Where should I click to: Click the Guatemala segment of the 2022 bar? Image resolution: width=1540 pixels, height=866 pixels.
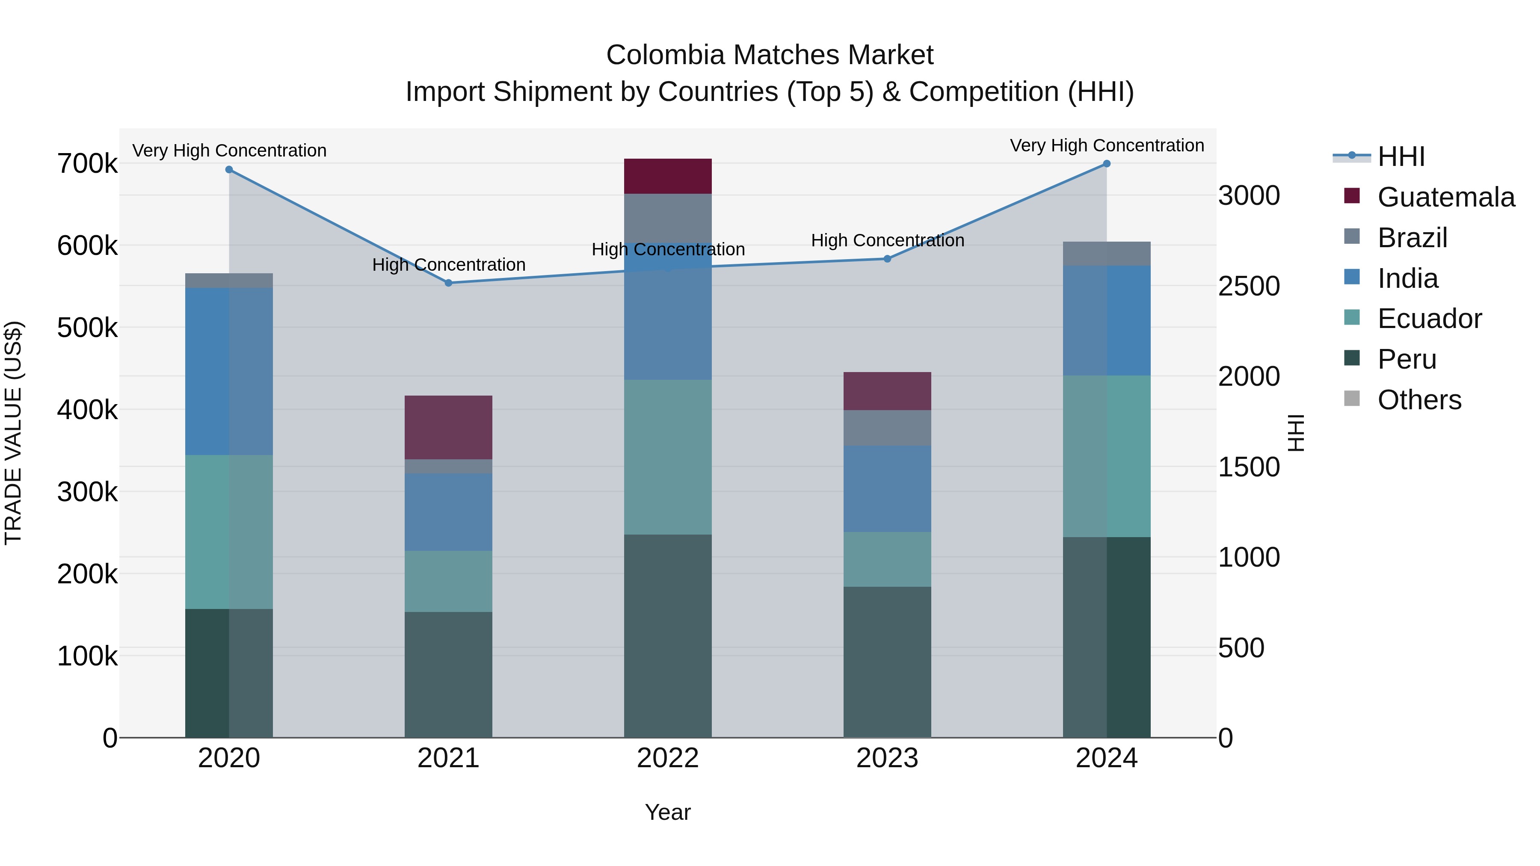[x=668, y=176]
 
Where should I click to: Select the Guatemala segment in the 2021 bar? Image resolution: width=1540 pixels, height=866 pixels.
[x=448, y=427]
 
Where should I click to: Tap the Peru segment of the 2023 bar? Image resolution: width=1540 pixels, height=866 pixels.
[x=887, y=662]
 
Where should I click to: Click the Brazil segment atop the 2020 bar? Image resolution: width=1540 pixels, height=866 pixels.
[x=229, y=280]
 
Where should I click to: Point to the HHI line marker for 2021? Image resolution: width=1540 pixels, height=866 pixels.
[x=448, y=283]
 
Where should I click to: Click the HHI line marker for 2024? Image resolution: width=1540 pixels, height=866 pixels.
[x=1107, y=164]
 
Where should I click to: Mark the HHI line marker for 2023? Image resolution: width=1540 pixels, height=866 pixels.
[x=887, y=259]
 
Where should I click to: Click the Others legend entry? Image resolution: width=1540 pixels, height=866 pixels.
[x=1419, y=400]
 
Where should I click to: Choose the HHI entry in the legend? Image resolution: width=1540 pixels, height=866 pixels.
[x=1401, y=157]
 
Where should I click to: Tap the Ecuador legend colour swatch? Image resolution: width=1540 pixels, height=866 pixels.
[x=1352, y=317]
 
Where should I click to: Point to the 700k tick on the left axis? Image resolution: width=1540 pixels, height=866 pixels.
[x=87, y=164]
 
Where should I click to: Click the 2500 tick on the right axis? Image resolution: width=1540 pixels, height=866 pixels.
[x=1249, y=286]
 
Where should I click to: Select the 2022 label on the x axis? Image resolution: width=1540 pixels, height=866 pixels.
[x=668, y=758]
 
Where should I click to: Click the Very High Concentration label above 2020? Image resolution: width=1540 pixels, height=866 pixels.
[x=229, y=151]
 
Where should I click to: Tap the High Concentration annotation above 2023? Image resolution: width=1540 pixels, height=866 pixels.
[x=887, y=240]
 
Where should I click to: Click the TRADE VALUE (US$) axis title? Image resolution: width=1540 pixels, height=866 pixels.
[x=13, y=433]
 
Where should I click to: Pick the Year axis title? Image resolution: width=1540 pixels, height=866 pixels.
[x=668, y=812]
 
